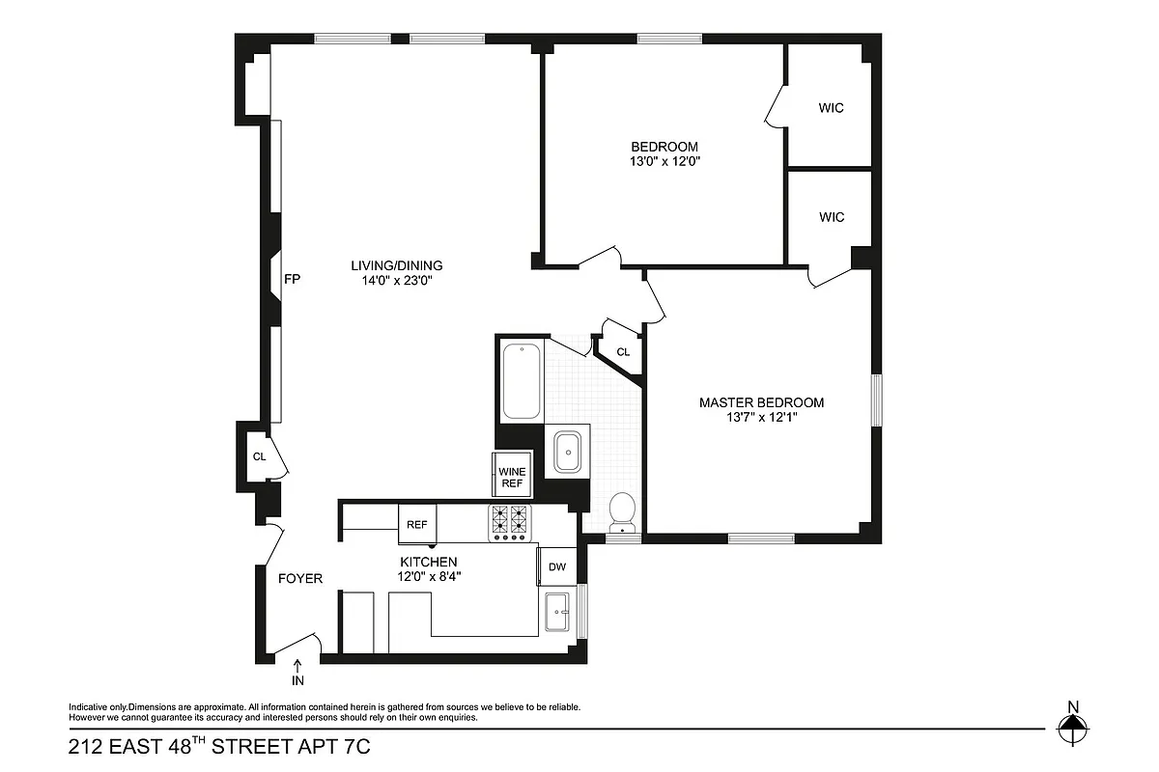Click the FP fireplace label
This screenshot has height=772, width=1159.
click(x=292, y=280)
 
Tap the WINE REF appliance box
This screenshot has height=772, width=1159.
click(x=512, y=477)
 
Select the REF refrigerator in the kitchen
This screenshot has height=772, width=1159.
click(x=417, y=525)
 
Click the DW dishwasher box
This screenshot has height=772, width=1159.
click(x=557, y=567)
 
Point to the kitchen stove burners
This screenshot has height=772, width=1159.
click(x=510, y=522)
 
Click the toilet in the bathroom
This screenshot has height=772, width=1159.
click(x=623, y=511)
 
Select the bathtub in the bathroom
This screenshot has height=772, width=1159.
click(x=522, y=380)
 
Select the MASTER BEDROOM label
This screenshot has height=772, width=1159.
click(x=761, y=402)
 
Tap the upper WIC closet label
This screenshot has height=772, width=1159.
click(x=831, y=108)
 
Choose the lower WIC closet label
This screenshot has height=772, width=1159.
click(x=831, y=217)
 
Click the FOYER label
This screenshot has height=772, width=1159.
click(x=299, y=579)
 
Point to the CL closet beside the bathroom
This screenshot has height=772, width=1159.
click(x=623, y=352)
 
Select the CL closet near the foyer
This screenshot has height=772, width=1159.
click(x=259, y=456)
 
